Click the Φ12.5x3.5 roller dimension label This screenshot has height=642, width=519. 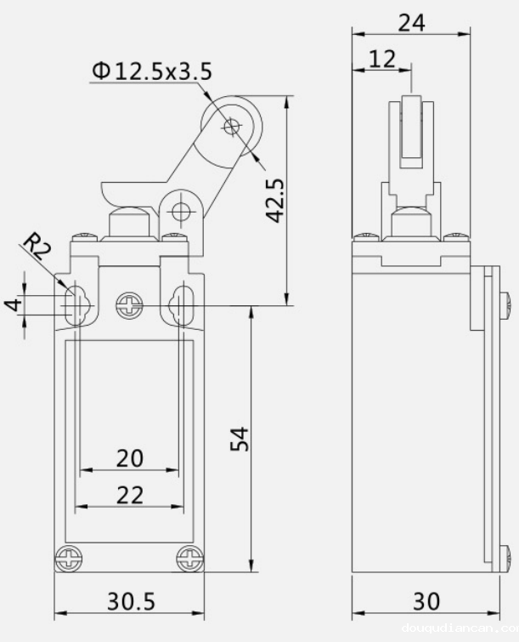tap(152, 71)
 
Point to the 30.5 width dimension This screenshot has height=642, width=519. tap(131, 601)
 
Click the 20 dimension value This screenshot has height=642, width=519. tap(129, 458)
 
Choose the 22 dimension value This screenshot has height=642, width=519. tap(129, 495)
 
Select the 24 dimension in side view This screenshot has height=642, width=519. tap(411, 23)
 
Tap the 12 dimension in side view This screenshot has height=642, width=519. tap(382, 58)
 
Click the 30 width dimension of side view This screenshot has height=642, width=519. tap(426, 601)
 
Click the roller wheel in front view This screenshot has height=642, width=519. tap(232, 128)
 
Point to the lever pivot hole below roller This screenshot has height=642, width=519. tap(179, 211)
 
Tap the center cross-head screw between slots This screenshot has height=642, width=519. tap(129, 304)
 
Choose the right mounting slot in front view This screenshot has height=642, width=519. tap(181, 304)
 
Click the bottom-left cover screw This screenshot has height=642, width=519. tap(67, 559)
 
